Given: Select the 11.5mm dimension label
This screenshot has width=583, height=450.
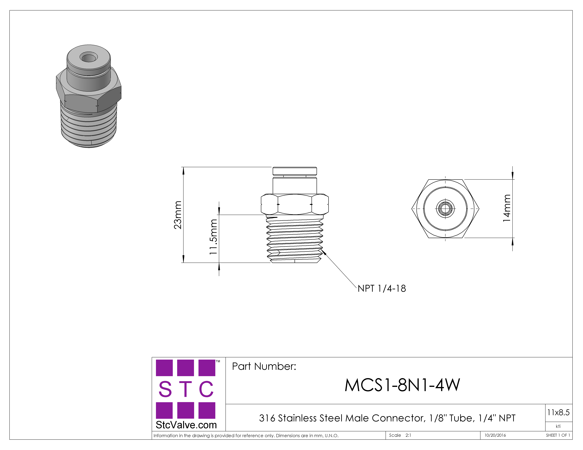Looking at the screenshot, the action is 213,237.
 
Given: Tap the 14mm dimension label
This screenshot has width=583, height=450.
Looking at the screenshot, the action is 507,208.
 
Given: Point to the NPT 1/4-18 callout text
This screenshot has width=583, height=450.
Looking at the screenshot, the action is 382,288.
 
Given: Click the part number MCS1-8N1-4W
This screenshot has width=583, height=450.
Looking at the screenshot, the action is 402,385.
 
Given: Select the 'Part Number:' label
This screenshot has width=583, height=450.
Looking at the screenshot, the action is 264,366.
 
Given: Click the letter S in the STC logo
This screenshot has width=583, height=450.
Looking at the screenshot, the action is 165,389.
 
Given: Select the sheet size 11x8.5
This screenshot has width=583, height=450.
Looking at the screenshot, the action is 558,412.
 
